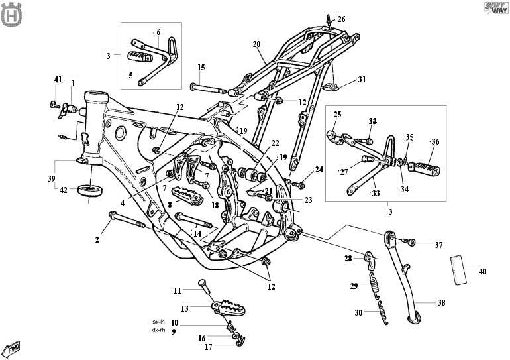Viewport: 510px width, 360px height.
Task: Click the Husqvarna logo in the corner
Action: (x=11, y=15)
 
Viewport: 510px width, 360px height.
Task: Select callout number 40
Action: (x=482, y=271)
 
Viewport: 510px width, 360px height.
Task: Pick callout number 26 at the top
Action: (x=341, y=19)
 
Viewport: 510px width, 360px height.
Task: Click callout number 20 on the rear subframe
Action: (x=256, y=44)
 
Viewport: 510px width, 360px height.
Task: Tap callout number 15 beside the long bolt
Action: (x=201, y=68)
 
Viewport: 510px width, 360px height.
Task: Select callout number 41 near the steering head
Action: (x=58, y=80)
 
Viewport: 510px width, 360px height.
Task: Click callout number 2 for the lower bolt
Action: (x=97, y=239)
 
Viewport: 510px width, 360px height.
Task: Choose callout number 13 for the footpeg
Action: (x=185, y=308)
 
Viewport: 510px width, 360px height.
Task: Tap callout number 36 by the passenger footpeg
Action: (x=435, y=142)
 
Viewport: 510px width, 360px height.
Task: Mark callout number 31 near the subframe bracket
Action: (x=361, y=80)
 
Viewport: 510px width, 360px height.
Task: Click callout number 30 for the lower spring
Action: (x=358, y=312)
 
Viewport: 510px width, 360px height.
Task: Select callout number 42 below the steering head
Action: (x=64, y=190)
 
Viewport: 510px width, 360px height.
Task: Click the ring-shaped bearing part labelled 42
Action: (x=90, y=191)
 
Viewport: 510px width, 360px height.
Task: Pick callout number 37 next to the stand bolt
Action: (x=438, y=245)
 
